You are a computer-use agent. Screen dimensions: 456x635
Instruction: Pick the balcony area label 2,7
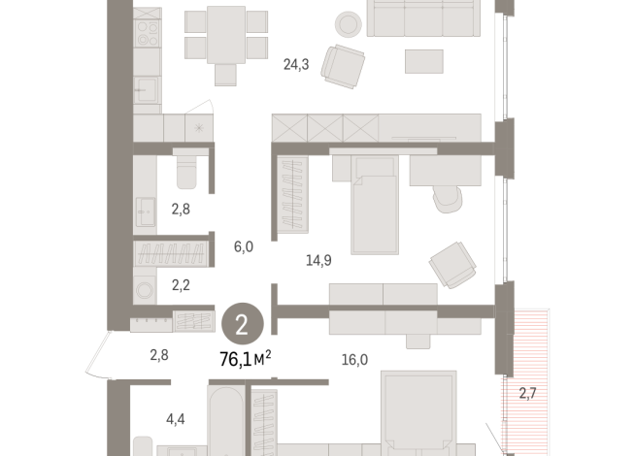(x=527, y=393)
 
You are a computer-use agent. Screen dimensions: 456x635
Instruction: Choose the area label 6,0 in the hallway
(x=243, y=246)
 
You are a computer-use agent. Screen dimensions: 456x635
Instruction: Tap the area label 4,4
(x=176, y=419)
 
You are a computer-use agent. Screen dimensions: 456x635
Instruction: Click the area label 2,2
(x=182, y=284)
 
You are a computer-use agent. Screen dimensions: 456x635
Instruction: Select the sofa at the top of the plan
(x=421, y=18)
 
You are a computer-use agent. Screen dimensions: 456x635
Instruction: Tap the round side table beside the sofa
(x=346, y=23)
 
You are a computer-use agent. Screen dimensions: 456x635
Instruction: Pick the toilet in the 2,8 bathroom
(x=186, y=172)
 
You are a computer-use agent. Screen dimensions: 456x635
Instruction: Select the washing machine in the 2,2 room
(x=145, y=287)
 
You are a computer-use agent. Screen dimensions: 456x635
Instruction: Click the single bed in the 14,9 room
(x=375, y=206)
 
